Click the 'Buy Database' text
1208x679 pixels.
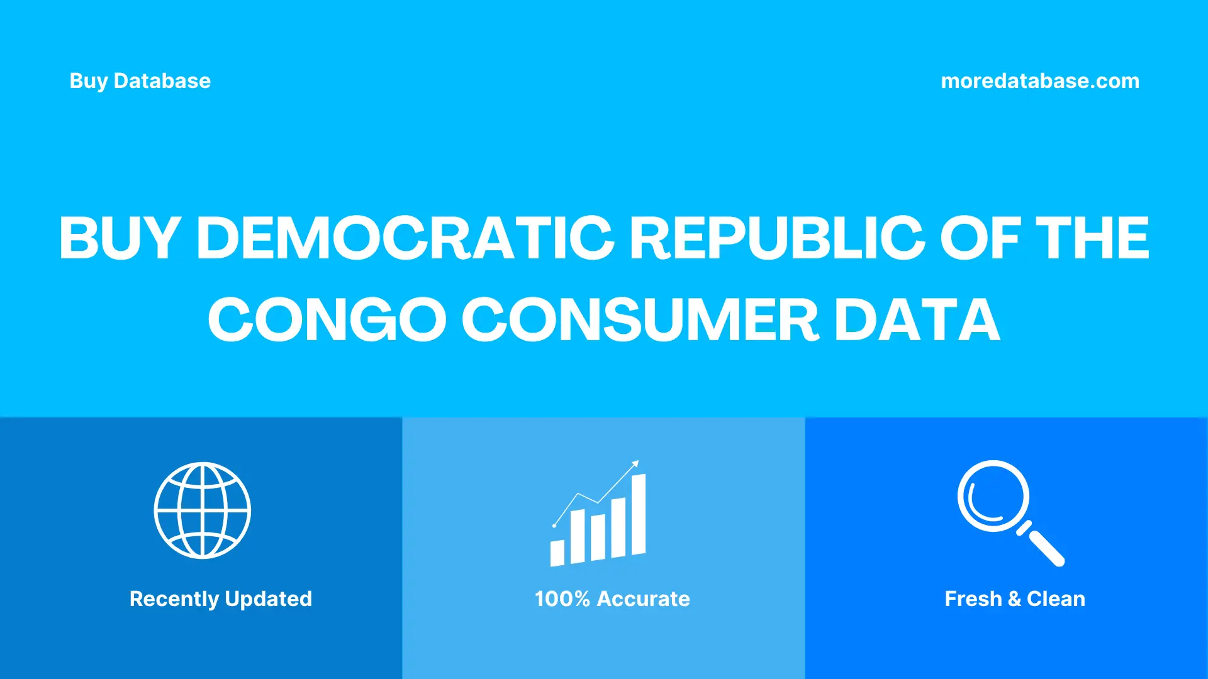tap(140, 81)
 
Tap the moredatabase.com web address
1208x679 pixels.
tap(1039, 81)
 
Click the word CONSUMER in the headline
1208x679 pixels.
tap(640, 320)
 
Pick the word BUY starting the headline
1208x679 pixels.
tap(120, 238)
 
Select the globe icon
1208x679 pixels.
tap(202, 511)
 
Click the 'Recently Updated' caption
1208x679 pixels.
tap(220, 599)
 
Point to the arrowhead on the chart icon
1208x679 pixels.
tap(635, 464)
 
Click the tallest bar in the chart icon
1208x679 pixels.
tap(638, 514)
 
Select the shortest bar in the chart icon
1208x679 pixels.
tap(557, 553)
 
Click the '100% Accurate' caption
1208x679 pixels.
tap(612, 599)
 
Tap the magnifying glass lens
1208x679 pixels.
tap(993, 496)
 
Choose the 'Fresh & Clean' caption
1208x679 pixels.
tap(1015, 599)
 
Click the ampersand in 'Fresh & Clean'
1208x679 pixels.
tap(1014, 599)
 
